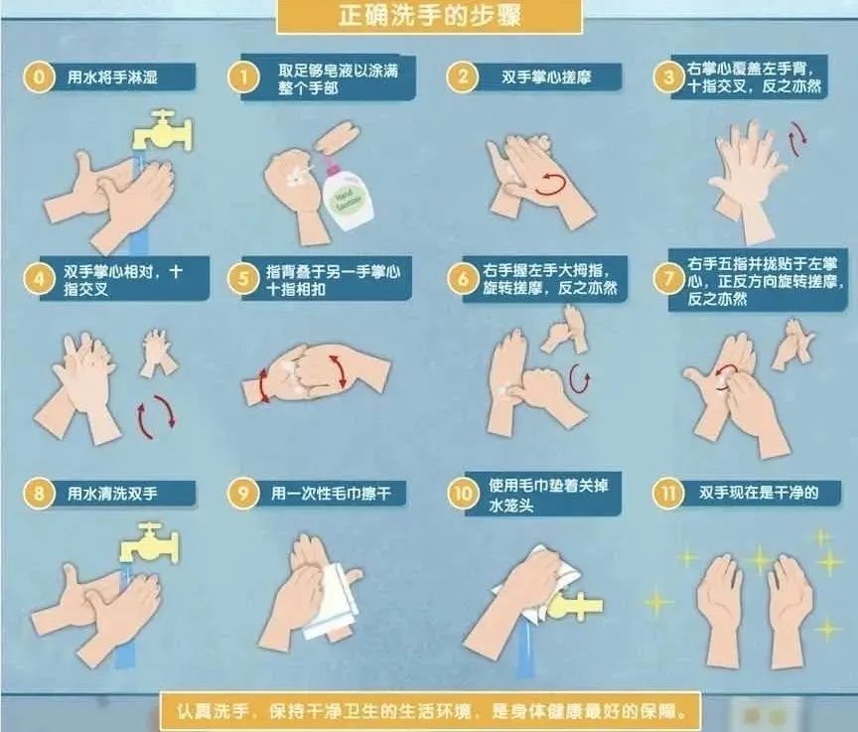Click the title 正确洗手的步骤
click(430, 15)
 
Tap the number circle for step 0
click(39, 76)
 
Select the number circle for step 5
click(243, 278)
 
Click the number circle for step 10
click(463, 494)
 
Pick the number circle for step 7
click(667, 278)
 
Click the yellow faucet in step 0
click(163, 131)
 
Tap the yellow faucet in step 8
click(149, 542)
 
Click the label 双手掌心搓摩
click(546, 77)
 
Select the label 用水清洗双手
click(112, 494)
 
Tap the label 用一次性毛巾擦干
click(331, 494)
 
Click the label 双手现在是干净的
click(759, 493)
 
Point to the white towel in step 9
click(332, 602)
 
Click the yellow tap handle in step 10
click(575, 606)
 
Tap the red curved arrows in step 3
click(797, 139)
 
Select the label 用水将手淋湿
click(112, 76)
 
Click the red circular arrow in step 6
click(580, 378)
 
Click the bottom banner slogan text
click(431, 712)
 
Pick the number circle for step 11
click(667, 493)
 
